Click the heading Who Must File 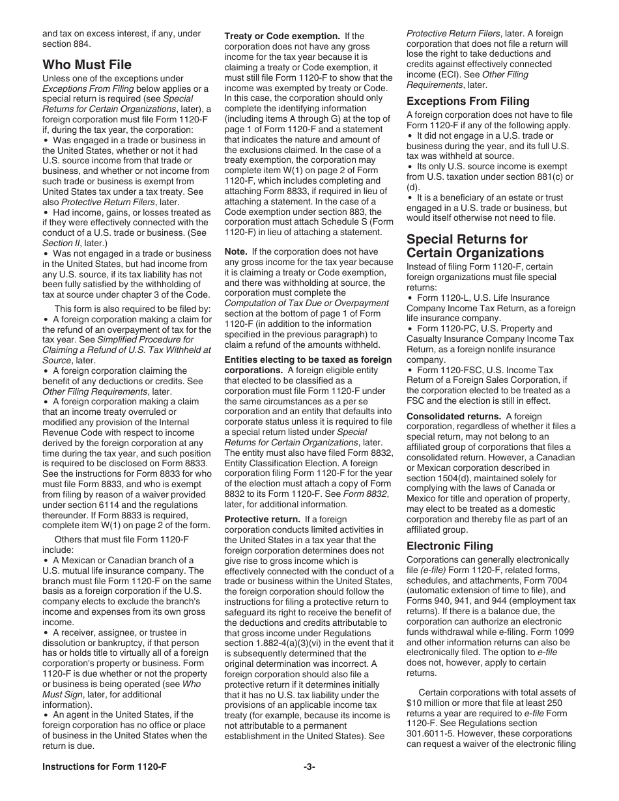87,64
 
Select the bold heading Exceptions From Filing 468,101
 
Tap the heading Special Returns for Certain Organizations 467,246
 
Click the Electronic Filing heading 450,546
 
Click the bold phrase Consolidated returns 453,416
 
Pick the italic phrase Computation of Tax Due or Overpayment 306,303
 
